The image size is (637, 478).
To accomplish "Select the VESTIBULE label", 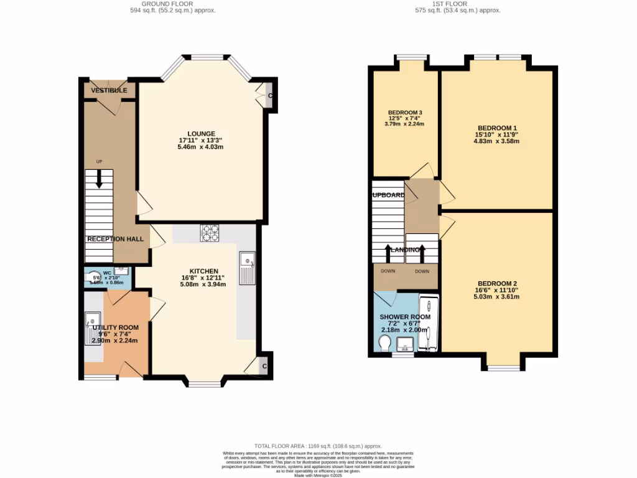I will pyautogui.click(x=109, y=91).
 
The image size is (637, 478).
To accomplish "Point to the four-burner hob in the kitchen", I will pyautogui.click(x=210, y=233).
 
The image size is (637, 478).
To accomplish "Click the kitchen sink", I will pyautogui.click(x=246, y=267).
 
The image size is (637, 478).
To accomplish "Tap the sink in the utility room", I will pyautogui.click(x=90, y=327).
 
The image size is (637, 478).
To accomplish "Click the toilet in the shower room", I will pyautogui.click(x=384, y=343).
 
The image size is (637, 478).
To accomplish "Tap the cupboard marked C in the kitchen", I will pyautogui.click(x=264, y=366).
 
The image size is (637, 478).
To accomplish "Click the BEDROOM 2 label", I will pyautogui.click(x=496, y=283).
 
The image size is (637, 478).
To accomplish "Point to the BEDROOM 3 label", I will pyautogui.click(x=406, y=113).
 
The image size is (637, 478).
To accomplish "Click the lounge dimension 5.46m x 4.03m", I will pyautogui.click(x=201, y=147).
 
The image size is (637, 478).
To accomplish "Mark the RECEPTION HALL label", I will pyautogui.click(x=115, y=239).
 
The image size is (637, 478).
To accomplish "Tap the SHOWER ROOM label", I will pyautogui.click(x=405, y=317).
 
